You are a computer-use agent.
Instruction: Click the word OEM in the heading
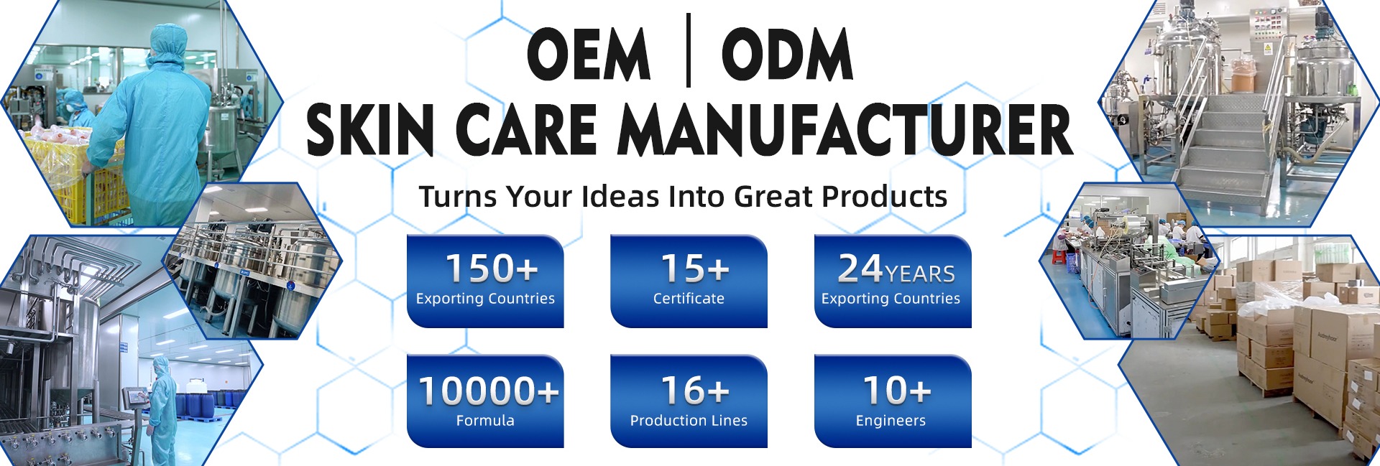pos(588,54)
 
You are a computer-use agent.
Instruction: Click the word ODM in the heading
pos(787,54)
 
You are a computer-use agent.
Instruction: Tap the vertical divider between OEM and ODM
pos(689,50)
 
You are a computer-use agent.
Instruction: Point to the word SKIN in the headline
pos(369,129)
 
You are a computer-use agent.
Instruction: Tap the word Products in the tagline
pos(885,196)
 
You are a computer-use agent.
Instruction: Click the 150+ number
pos(492,269)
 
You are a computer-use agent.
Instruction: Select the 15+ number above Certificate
pos(695,269)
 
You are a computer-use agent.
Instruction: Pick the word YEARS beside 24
pos(920,274)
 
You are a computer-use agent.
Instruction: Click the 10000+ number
pos(488,391)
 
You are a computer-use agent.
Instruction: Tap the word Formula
pos(485,421)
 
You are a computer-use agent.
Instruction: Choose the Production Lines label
pos(689,421)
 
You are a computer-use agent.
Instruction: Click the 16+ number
pos(695,391)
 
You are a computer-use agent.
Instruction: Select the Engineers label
pos(891,421)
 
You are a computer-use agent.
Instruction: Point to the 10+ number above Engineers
pos(897,391)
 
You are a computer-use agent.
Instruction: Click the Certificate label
pos(689,299)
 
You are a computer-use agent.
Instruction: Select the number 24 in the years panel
pos(860,268)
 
